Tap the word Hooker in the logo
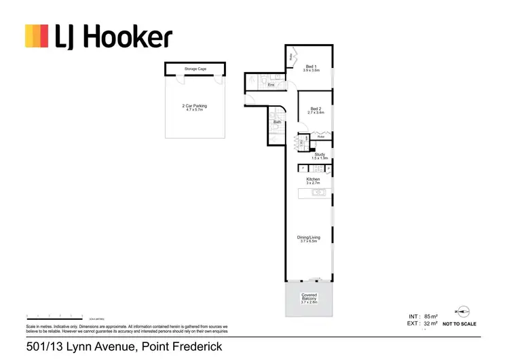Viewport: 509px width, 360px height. [x=126, y=37]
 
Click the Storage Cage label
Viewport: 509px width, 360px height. [x=195, y=69]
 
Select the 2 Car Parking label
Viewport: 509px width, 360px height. [x=195, y=106]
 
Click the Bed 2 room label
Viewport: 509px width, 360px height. [x=316, y=109]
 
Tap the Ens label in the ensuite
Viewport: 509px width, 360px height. [x=270, y=86]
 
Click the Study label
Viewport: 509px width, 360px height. [x=320, y=155]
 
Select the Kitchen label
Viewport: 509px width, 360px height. [x=313, y=180]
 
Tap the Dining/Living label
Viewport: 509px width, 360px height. [x=309, y=238]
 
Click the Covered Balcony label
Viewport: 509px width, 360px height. [x=309, y=298]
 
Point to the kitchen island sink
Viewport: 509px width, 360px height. [x=316, y=194]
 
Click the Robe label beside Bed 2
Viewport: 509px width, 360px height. [x=321, y=137]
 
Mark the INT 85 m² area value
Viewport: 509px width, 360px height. [x=429, y=316]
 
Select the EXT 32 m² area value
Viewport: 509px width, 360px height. [x=429, y=324]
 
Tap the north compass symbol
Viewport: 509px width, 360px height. [x=464, y=311]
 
